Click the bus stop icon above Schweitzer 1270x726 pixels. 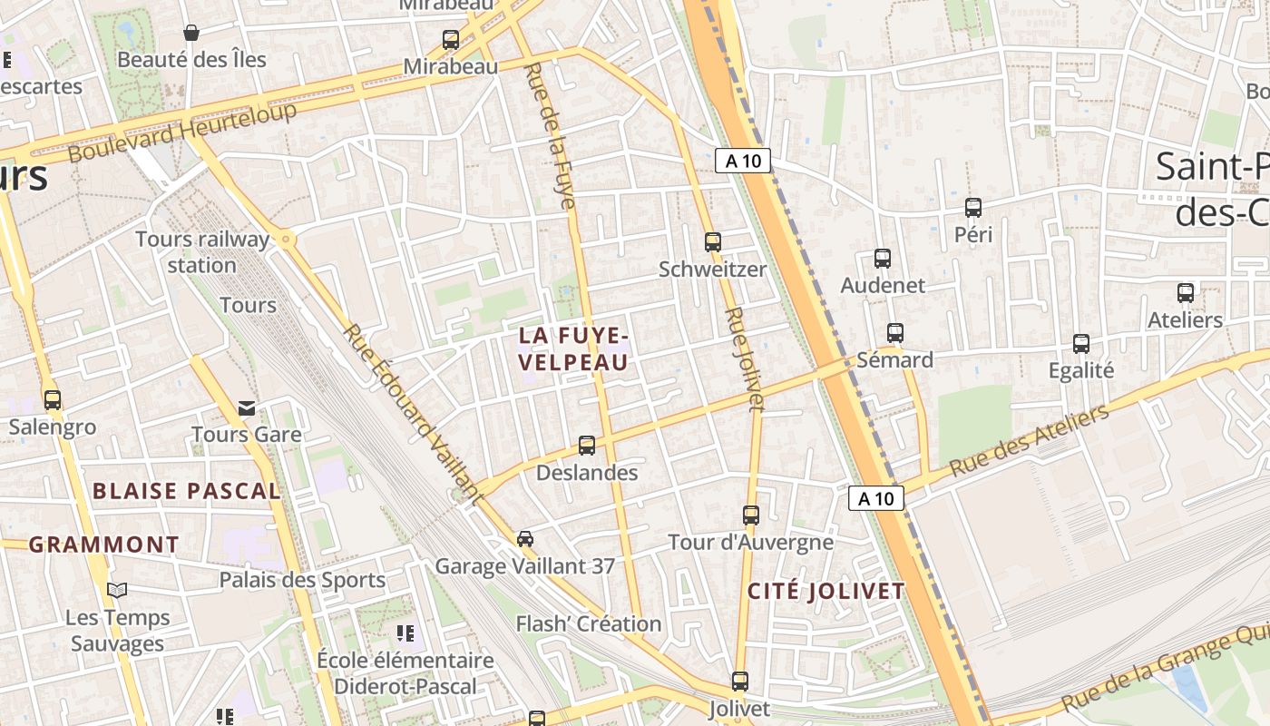point(713,242)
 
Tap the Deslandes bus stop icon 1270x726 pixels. point(587,446)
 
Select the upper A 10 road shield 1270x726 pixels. point(743,162)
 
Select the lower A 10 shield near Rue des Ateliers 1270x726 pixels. point(876,498)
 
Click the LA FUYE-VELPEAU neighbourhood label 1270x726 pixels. point(573,348)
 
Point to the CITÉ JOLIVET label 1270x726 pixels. point(825,592)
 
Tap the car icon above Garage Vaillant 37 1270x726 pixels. point(525,539)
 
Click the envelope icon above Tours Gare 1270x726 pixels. point(247,407)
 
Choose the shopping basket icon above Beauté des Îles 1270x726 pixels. point(191,33)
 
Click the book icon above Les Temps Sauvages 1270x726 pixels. point(117,590)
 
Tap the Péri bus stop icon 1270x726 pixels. point(973,208)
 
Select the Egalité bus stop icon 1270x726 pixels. point(1080,344)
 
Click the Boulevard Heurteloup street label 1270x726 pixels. point(182,132)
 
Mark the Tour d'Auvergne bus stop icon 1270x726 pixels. point(751,515)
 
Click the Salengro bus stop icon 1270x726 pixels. point(53,400)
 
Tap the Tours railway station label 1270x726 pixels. point(201,252)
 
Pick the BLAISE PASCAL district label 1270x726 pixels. point(187,492)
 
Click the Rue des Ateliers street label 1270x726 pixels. point(1029,442)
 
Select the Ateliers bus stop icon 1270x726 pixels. point(1186,293)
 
